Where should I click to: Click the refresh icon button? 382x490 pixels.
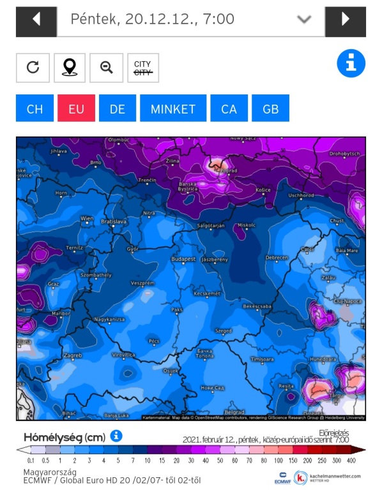pyautogui.click(x=33, y=67)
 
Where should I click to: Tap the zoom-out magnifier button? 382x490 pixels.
pyautogui.click(x=106, y=67)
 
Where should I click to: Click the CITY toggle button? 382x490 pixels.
pyautogui.click(x=142, y=67)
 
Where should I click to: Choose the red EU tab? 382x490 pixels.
pyautogui.click(x=76, y=108)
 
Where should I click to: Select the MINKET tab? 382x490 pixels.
pyautogui.click(x=173, y=108)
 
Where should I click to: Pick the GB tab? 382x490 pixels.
pyautogui.click(x=270, y=108)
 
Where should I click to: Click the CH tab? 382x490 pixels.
pyautogui.click(x=34, y=108)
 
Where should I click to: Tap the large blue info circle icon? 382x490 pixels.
pyautogui.click(x=351, y=64)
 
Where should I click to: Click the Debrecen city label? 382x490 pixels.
pyautogui.click(x=276, y=257)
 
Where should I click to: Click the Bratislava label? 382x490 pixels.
pyautogui.click(x=114, y=221)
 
